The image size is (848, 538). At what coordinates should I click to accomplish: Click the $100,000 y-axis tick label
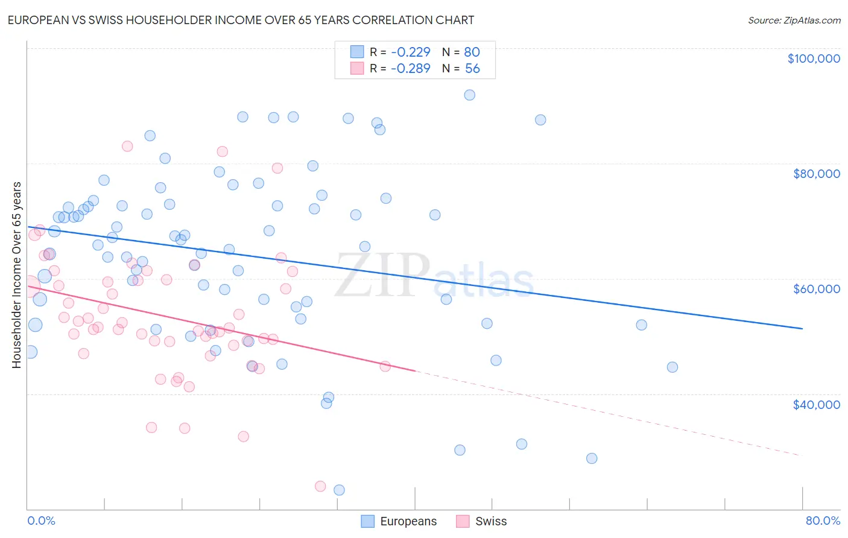pos(814,59)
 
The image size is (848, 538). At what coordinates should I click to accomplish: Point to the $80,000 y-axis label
pos(816,174)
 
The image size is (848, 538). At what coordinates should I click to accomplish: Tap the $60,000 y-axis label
pos(816,289)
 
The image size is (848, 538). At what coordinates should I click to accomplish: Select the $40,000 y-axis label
pos(816,404)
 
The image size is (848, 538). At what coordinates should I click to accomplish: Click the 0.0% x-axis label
pos(41,521)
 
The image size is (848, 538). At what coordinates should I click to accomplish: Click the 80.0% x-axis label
pos(823,521)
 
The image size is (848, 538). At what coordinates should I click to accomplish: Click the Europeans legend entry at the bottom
pos(399,521)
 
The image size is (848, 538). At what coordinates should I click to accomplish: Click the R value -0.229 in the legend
pos(410,52)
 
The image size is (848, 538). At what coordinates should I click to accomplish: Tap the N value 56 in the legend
pos(472,69)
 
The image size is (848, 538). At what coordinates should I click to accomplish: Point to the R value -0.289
pos(410,69)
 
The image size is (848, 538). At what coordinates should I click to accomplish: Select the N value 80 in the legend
pos(472,52)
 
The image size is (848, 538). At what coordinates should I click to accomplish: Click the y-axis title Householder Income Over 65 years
pos(16,275)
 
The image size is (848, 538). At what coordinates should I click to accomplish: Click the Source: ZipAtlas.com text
pos(794,21)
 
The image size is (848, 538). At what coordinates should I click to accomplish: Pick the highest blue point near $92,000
pos(469,95)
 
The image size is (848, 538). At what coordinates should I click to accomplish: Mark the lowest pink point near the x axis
pos(320,486)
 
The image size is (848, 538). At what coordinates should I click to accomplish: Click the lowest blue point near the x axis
pos(339,490)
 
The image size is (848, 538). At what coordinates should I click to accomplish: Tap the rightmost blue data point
pos(672,367)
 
